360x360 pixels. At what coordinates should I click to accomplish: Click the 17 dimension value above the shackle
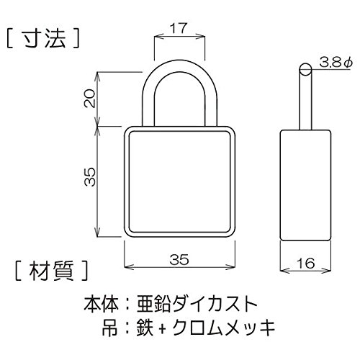tap(179, 28)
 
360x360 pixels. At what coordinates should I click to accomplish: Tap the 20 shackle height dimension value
tap(90, 99)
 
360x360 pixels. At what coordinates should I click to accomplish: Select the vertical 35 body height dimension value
tap(90, 177)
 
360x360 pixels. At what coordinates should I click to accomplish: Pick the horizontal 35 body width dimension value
tap(179, 259)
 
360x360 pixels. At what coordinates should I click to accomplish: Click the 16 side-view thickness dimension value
tap(306, 264)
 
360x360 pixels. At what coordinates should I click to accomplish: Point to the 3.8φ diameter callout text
tap(336, 63)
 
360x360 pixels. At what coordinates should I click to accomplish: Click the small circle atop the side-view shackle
tap(305, 70)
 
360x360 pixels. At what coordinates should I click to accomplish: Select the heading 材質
tap(51, 271)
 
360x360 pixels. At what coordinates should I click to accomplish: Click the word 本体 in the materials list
tap(101, 304)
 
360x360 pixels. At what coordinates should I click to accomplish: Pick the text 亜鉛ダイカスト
tap(197, 304)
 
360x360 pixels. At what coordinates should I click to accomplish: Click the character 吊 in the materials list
tap(110, 328)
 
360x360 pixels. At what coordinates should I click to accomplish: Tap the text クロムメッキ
tap(224, 328)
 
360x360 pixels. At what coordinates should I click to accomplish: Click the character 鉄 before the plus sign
tap(145, 328)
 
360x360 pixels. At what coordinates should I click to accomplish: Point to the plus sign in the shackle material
tap(163, 328)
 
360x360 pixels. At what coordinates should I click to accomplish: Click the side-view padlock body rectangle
tap(305, 185)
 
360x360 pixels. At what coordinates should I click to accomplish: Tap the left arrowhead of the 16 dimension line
tap(284, 271)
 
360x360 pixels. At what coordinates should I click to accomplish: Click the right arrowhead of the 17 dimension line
tap(202, 37)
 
